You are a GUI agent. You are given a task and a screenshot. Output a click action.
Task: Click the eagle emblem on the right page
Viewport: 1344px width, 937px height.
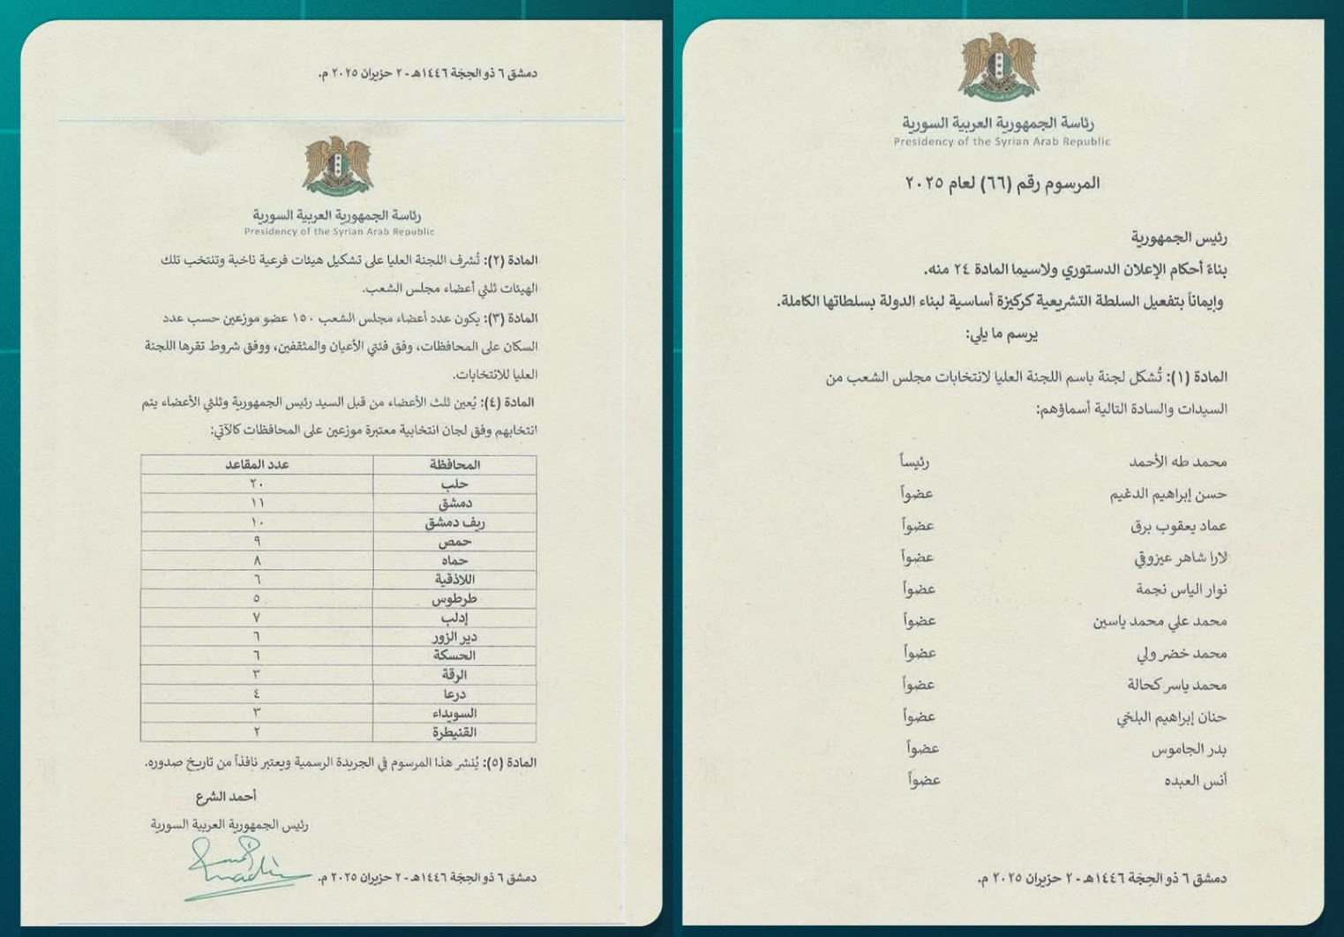[1000, 67]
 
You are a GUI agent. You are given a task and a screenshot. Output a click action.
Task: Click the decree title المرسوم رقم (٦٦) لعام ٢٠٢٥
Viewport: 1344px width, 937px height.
[1002, 184]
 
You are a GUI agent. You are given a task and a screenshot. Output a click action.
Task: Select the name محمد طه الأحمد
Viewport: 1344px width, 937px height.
[1177, 461]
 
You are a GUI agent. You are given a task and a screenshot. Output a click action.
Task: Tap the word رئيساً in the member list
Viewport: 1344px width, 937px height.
[914, 461]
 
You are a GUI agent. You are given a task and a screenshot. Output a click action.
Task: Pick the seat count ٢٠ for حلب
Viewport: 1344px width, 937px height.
[256, 483]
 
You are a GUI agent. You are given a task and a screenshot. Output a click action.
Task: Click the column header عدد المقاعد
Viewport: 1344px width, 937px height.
[257, 464]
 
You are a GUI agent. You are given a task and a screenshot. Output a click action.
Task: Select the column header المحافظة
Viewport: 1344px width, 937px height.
[454, 464]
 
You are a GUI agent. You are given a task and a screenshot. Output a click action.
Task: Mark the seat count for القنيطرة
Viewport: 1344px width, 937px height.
[256, 731]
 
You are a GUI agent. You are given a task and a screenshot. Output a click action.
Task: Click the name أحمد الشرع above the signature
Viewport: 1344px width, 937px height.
[226, 796]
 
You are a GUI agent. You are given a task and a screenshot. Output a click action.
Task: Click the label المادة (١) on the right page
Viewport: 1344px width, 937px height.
[1198, 377]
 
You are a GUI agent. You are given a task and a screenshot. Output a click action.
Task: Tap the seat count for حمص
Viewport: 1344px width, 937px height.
[256, 541]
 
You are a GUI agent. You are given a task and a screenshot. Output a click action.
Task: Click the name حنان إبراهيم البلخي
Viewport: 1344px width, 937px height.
[1171, 716]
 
